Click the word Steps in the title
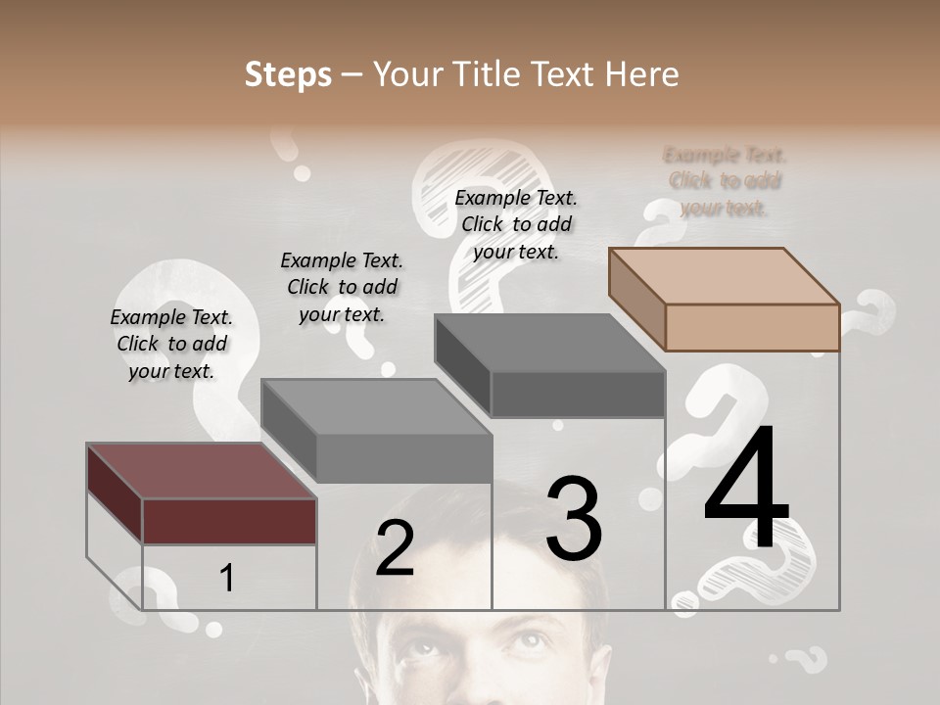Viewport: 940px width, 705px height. [x=288, y=74]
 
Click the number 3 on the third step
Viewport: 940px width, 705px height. [x=573, y=519]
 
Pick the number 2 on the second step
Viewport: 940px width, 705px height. [x=395, y=548]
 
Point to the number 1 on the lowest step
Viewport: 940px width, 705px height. [x=226, y=578]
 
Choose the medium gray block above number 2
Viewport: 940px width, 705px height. [x=377, y=406]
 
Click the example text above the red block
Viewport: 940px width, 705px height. [x=171, y=344]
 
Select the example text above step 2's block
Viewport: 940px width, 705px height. [x=342, y=287]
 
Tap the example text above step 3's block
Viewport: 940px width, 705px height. [x=516, y=224]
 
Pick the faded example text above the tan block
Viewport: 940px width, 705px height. [x=725, y=181]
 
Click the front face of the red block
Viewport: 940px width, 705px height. [x=229, y=521]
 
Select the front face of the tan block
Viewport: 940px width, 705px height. [x=752, y=327]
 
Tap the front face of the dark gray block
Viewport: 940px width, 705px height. [x=578, y=395]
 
